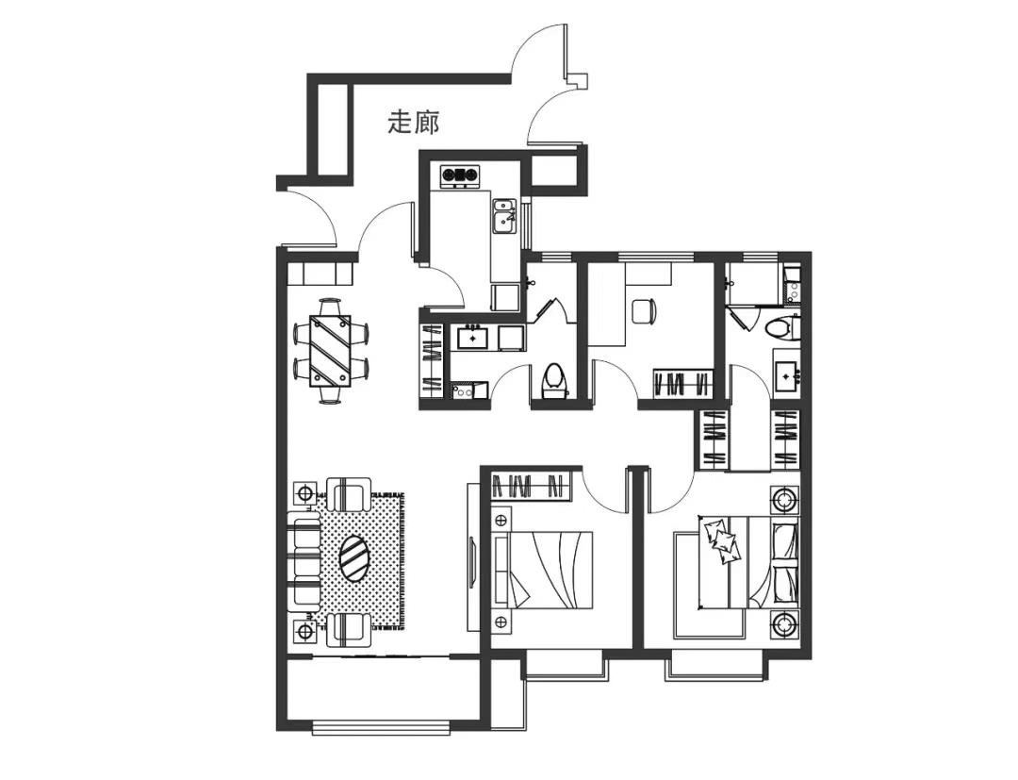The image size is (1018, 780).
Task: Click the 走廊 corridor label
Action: coord(414,122)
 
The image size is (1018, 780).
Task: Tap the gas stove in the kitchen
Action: coord(460,174)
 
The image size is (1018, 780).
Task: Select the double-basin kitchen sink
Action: coord(503,216)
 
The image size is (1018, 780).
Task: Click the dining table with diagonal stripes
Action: coord(330,351)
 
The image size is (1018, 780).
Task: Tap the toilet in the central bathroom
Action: coord(553,381)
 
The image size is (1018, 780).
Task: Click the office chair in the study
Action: coord(644,309)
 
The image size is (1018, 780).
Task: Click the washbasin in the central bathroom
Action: coord(473,338)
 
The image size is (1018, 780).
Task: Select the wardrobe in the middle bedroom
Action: coord(531,486)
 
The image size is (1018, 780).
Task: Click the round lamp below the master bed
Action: coord(785,624)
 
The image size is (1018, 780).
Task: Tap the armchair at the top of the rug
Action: coord(348,493)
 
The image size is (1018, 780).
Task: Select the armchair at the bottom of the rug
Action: coord(348,629)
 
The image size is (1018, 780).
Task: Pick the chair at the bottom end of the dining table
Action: coord(330,394)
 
